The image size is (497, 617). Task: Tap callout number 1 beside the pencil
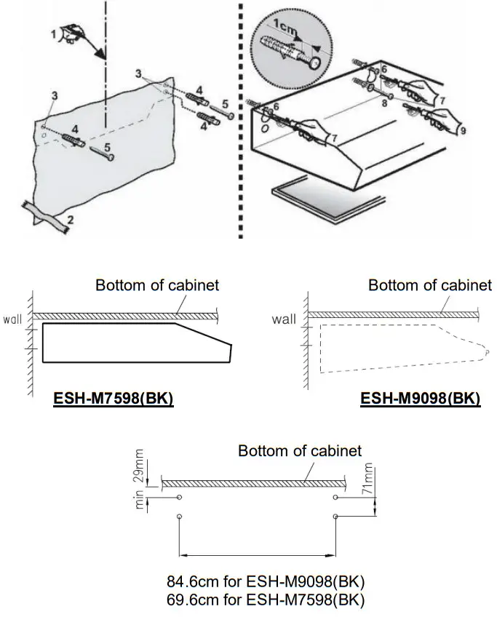pyautogui.click(x=53, y=33)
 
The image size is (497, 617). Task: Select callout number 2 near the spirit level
pyautogui.click(x=71, y=218)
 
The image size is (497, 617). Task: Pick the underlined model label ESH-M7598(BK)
pyautogui.click(x=113, y=399)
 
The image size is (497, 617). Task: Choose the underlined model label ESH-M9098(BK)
pyautogui.click(x=421, y=399)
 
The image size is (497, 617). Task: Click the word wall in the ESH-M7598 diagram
pyautogui.click(x=15, y=319)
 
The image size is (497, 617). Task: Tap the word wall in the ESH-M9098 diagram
pyautogui.click(x=284, y=319)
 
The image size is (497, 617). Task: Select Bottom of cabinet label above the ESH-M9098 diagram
pyautogui.click(x=430, y=285)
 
